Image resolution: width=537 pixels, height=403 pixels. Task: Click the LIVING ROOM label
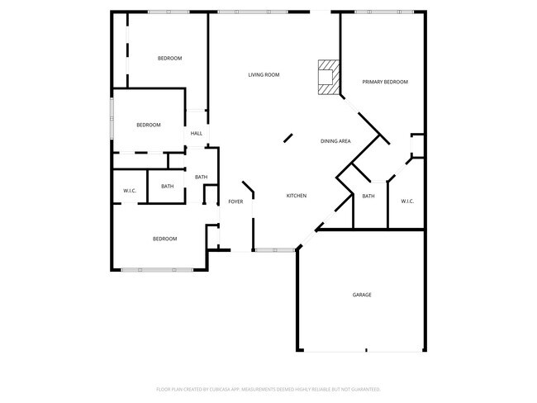pos(264,75)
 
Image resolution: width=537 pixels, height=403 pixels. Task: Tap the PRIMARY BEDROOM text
pos(385,82)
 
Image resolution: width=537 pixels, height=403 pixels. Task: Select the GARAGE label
pos(362,295)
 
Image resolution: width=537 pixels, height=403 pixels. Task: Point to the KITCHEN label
pos(297,196)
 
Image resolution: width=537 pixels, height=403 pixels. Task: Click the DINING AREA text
pos(335,141)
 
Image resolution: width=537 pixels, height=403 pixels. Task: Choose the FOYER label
pos(235,201)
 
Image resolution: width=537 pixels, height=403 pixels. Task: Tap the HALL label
pos(197,133)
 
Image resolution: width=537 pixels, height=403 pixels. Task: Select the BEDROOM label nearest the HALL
pos(149,125)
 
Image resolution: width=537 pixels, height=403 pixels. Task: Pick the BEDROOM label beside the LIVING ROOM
pos(169,58)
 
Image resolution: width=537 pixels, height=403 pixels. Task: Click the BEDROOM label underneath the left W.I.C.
pos(164,239)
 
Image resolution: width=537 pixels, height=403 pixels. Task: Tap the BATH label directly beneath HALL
pos(201,177)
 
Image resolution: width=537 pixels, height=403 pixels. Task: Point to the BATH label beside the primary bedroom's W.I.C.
pos(368,196)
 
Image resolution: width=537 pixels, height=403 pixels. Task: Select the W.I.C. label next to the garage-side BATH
pos(406,201)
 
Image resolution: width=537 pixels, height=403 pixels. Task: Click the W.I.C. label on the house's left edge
pos(130,191)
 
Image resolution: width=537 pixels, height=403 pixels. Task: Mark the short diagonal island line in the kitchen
pos(288,138)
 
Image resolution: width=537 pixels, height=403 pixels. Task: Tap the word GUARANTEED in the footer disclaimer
pos(363,389)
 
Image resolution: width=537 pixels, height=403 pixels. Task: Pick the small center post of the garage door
pos(365,350)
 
